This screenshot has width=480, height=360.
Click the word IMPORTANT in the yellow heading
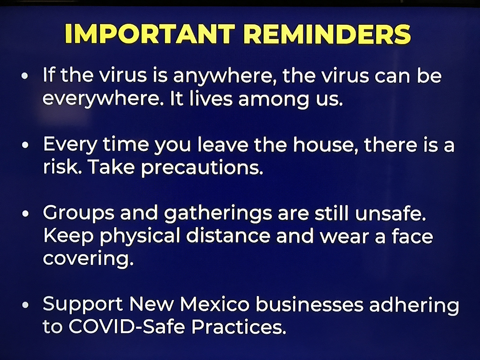pos(150,34)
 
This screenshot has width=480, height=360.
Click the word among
pos(274,100)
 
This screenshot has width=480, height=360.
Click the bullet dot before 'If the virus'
pos(25,76)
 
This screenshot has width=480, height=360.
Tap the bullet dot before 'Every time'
pos(25,145)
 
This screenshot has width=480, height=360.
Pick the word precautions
pos(202,168)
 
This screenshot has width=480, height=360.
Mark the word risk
pos(62,167)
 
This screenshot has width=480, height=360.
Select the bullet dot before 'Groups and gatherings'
pos(25,214)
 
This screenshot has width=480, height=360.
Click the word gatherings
pos(218,214)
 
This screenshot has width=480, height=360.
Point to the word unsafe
pos(391,213)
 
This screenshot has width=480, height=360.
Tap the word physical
pos(140,237)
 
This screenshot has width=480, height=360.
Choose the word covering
pos(88,260)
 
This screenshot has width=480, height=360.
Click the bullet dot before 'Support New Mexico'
pos(25,305)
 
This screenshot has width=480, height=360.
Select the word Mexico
pos(214,304)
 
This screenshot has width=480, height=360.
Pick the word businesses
pos(310,304)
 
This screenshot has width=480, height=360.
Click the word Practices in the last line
pos(239,327)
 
